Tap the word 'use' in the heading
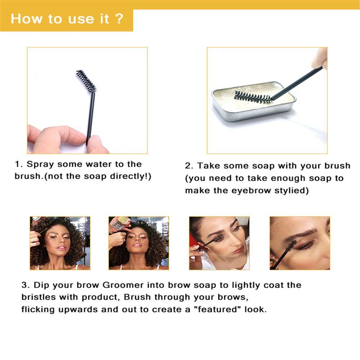pos(81,20)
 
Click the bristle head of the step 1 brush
pos(86,81)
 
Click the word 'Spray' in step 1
pos(40,165)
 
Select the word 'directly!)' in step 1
pos(131,176)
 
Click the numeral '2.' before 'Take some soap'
pos(189,166)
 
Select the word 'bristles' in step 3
pos(39,297)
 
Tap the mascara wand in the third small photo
pos(208,244)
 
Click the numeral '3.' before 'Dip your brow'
pos(26,285)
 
